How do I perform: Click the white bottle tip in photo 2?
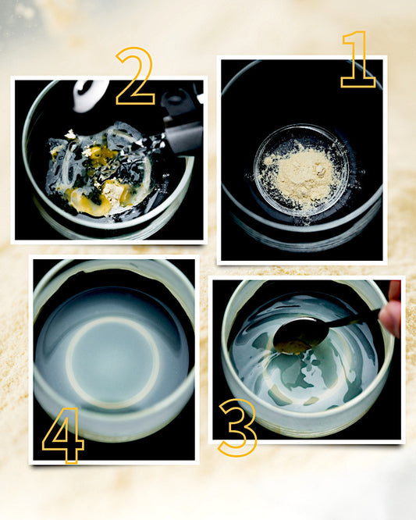pyautogui.click(x=89, y=95)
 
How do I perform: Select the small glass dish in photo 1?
pyautogui.click(x=301, y=169)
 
